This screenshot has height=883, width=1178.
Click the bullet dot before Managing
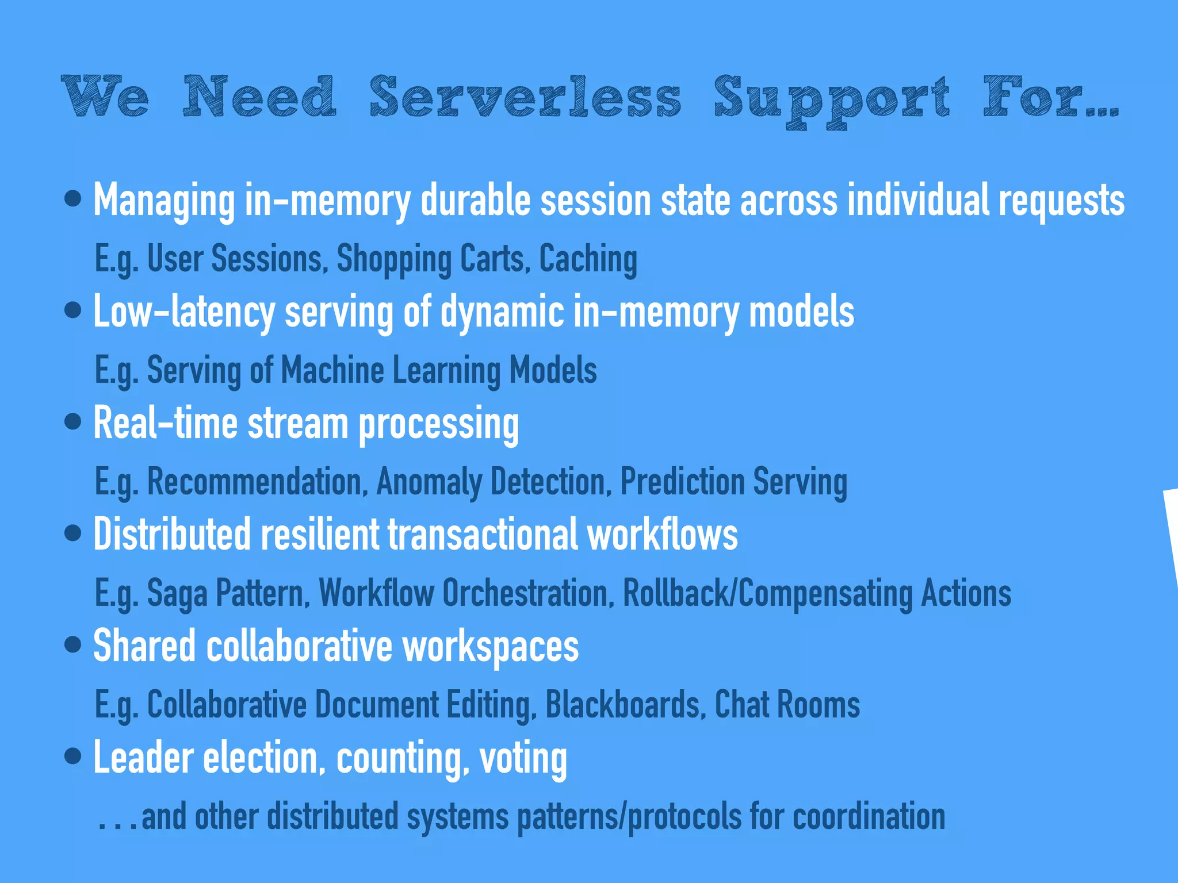(73, 199)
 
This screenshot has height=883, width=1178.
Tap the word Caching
(588, 259)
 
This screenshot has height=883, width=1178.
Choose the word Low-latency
(184, 312)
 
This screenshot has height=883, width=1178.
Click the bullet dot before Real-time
(73, 423)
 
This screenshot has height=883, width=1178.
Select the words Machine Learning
(391, 370)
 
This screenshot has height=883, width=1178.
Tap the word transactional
(482, 535)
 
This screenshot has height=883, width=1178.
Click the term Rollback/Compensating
(767, 593)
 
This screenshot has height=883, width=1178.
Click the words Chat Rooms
(787, 704)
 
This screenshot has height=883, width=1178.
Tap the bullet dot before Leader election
(73, 756)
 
